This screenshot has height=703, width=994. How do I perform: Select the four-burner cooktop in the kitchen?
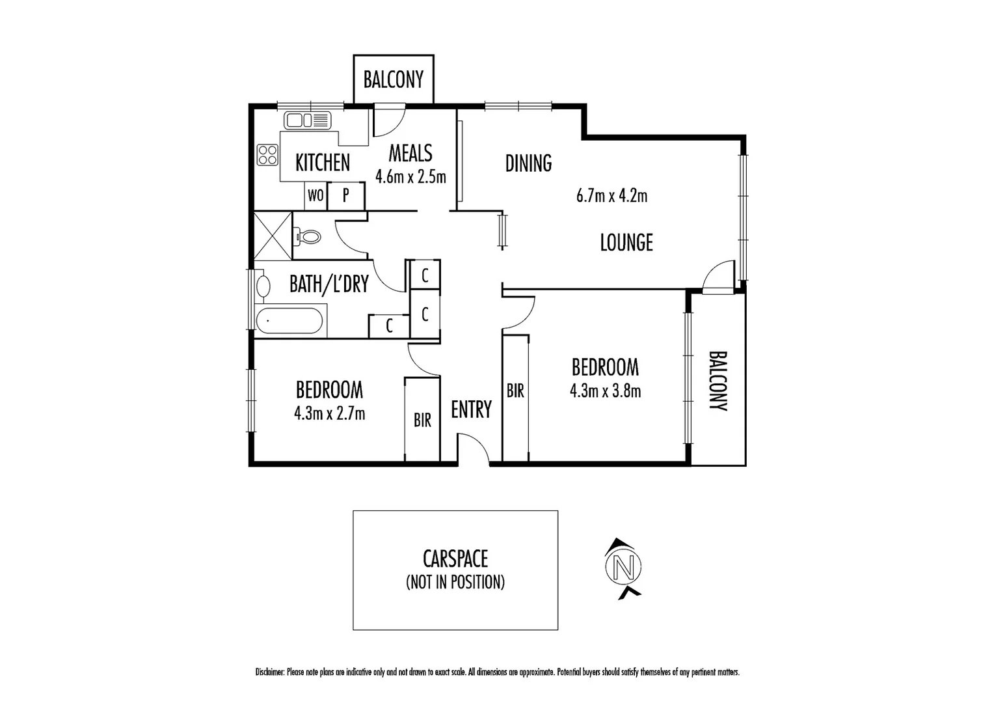[267, 155]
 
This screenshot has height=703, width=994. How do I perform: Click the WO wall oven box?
[316, 195]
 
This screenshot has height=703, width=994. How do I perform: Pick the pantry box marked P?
[345, 195]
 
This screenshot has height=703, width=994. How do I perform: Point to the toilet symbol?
[307, 236]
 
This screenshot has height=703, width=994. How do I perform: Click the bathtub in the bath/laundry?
[290, 320]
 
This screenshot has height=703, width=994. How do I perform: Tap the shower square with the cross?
[273, 236]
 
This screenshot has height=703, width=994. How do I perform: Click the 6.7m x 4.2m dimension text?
[611, 195]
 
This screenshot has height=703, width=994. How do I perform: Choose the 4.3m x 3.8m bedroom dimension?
[605, 391]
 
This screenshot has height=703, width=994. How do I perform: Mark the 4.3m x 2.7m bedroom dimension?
[329, 413]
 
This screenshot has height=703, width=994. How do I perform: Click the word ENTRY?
[471, 409]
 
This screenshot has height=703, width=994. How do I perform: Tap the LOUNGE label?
[626, 243]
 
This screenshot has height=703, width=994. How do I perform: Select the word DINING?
[528, 163]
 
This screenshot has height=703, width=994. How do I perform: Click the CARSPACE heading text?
[455, 558]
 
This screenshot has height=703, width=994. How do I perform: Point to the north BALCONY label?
[393, 79]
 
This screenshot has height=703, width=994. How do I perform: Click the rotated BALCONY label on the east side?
[718, 381]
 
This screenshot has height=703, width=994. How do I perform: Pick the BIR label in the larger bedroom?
[515, 391]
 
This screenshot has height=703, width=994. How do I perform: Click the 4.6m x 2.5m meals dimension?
[410, 176]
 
